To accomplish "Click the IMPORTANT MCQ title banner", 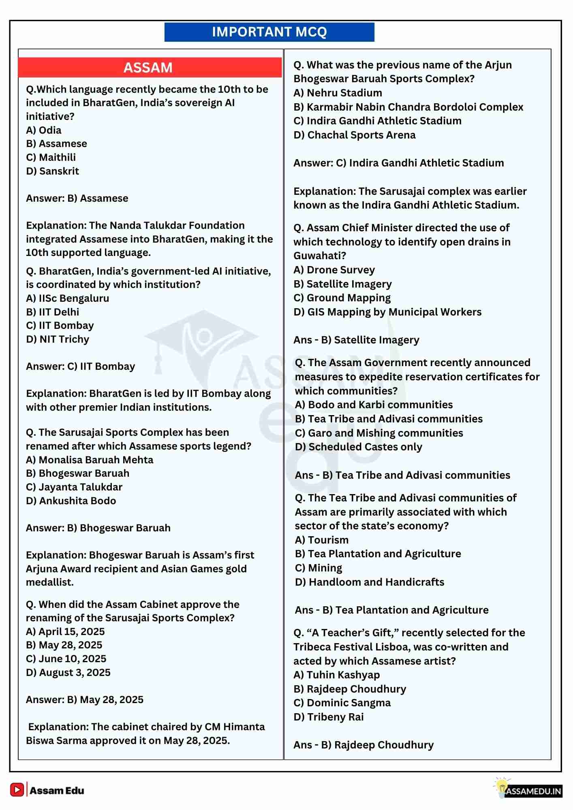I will click(x=269, y=32).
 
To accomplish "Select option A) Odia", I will click(x=44, y=130).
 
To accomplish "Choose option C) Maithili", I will click(x=51, y=157).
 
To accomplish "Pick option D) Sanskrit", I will click(x=53, y=171).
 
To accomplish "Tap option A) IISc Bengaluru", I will click(x=68, y=298).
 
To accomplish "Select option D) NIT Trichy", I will click(x=58, y=339).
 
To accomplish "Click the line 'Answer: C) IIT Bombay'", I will click(x=81, y=366).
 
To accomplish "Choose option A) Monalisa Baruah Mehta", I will click(x=90, y=460).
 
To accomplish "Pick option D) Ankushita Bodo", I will click(x=71, y=501).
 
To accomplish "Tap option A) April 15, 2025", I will click(x=65, y=631).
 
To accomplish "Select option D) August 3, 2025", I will click(x=68, y=672).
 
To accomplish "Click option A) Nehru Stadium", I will click(x=338, y=93).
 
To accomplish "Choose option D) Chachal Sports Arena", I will click(x=355, y=135).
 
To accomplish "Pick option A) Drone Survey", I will click(x=334, y=270).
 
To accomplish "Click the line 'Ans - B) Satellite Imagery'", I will click(x=356, y=340).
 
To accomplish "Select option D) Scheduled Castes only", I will click(x=359, y=447).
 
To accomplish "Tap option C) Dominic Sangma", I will click(x=342, y=703).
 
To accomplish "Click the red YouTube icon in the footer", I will click(x=17, y=789).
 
